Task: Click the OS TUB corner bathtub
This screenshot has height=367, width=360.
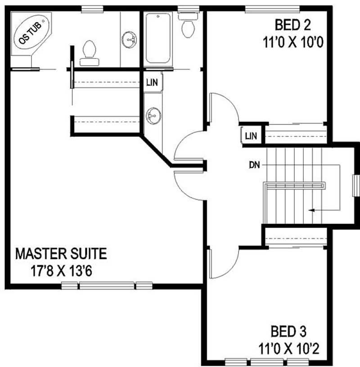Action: click(x=31, y=32)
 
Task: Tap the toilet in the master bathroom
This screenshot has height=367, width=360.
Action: click(x=89, y=53)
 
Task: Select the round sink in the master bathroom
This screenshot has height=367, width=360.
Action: click(x=129, y=40)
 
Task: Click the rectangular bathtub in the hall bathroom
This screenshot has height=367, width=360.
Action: click(x=158, y=38)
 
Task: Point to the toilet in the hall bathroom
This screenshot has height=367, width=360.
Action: click(x=188, y=25)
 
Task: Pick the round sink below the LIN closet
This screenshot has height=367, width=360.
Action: click(x=153, y=116)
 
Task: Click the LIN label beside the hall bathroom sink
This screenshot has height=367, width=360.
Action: click(x=152, y=82)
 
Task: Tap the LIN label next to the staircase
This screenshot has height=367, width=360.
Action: click(x=251, y=136)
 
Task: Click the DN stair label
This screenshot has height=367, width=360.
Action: click(x=254, y=165)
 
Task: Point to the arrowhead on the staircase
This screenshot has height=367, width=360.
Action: click(x=311, y=210)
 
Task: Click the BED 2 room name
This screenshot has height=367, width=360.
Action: click(x=293, y=25)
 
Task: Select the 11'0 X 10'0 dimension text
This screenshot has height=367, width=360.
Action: click(x=293, y=42)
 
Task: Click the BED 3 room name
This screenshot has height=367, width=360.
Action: click(x=288, y=331)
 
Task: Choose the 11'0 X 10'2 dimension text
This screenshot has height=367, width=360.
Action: click(x=289, y=349)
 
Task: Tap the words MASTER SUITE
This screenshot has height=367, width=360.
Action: click(x=61, y=254)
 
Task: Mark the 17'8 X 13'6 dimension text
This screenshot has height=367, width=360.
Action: click(x=61, y=271)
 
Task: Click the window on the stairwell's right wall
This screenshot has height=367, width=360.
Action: click(x=356, y=186)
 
